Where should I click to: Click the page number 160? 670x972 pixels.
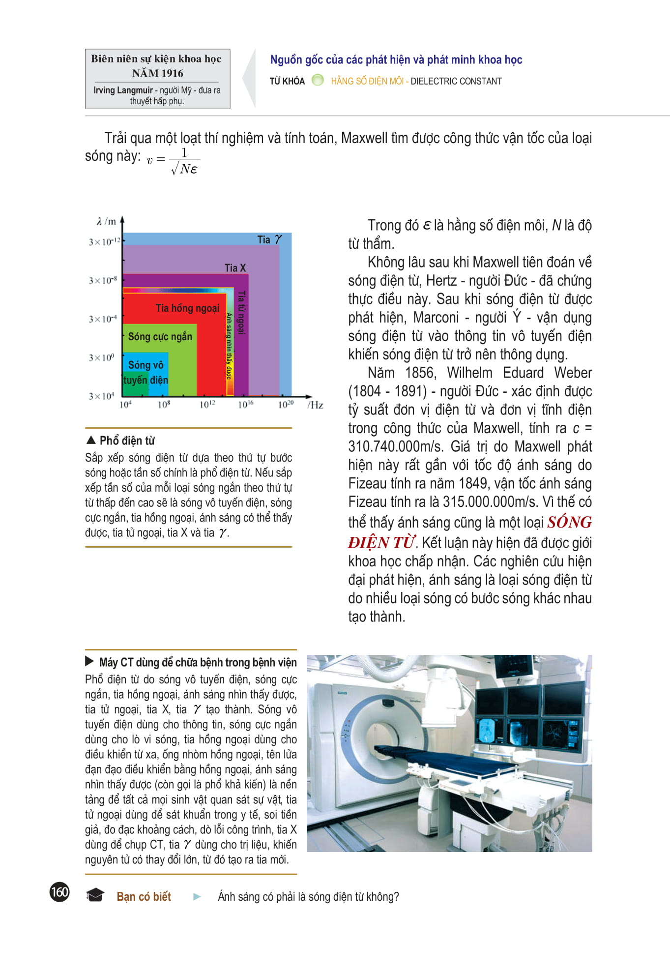click(59, 892)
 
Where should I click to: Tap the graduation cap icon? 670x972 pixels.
click(95, 895)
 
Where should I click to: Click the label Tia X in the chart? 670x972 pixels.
click(235, 268)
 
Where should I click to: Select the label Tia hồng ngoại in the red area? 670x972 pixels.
click(187, 308)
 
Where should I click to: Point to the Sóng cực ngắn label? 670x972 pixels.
click(160, 337)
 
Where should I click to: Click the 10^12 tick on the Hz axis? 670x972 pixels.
click(207, 405)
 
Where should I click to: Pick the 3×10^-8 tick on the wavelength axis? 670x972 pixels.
click(103, 280)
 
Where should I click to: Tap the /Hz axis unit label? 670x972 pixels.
click(315, 405)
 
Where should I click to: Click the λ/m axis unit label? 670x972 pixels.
click(107, 222)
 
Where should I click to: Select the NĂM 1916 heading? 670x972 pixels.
click(157, 73)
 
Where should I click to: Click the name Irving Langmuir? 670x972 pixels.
click(123, 90)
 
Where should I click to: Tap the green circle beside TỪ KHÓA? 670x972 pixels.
click(318, 80)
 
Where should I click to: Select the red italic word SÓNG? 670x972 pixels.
click(569, 522)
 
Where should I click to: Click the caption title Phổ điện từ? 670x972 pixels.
click(127, 441)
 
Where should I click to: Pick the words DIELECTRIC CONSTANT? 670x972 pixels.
click(456, 81)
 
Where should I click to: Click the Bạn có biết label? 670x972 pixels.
click(144, 896)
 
